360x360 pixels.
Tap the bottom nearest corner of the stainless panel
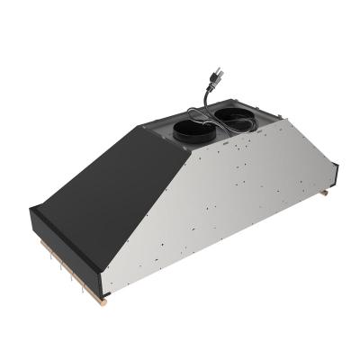pos(104,295)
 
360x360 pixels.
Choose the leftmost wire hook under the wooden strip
pos(42,261)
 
